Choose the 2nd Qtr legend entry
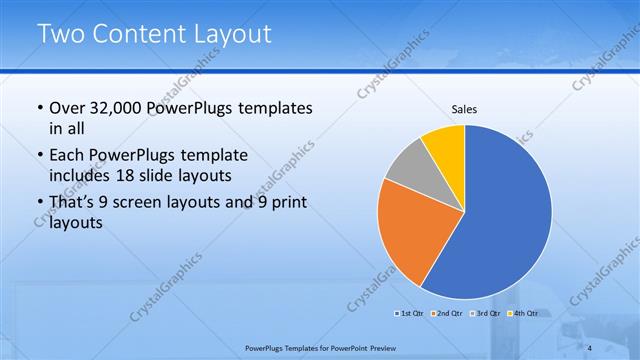[447, 314]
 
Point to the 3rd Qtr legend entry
[484, 314]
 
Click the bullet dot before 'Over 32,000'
[38, 108]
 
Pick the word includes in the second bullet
[80, 174]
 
